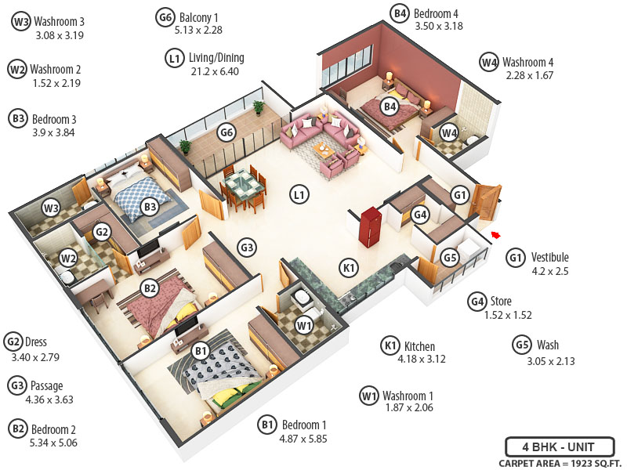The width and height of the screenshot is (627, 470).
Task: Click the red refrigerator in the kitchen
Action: tap(369, 225)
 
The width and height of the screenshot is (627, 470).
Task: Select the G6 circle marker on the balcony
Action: tap(227, 132)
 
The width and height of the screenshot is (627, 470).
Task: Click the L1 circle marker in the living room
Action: tap(298, 193)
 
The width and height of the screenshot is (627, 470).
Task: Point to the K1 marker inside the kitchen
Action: tap(349, 268)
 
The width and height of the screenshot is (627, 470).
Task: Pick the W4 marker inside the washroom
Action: tap(448, 133)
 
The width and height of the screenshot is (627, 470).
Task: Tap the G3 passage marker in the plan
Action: tap(247, 248)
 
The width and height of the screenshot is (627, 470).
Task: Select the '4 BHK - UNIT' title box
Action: tap(558, 448)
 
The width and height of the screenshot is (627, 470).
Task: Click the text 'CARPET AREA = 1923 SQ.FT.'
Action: tap(557, 463)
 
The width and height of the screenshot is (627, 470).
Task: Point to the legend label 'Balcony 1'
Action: tap(199, 16)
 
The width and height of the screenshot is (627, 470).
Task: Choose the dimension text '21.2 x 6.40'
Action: tap(214, 71)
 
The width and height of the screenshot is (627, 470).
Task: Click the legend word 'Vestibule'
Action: tap(549, 257)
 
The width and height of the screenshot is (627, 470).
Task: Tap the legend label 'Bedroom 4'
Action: tap(436, 13)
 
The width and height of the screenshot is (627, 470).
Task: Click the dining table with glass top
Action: tap(241, 186)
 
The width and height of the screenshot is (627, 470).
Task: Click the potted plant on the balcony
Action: tap(185, 146)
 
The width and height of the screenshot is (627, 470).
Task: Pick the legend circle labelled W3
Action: tap(20, 21)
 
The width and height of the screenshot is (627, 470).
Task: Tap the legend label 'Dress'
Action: tap(36, 342)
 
